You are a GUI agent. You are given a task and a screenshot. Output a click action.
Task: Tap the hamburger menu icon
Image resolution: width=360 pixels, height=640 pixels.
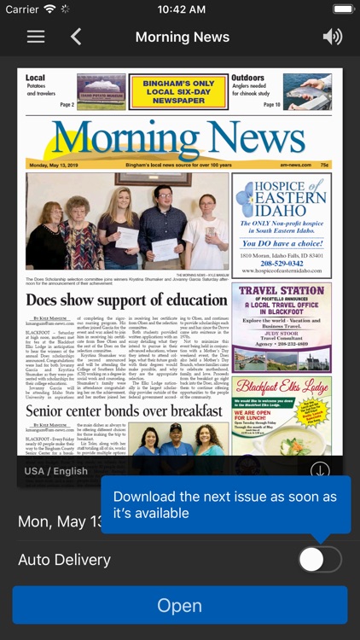(36, 37)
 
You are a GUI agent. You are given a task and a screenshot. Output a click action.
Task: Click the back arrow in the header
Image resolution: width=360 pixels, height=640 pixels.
(76, 37)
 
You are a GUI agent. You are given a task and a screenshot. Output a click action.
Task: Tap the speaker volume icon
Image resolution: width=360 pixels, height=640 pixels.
(333, 37)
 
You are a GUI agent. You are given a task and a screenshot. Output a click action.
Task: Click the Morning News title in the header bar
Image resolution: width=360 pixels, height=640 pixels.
(182, 37)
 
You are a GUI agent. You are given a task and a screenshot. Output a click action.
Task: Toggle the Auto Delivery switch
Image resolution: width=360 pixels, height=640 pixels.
(320, 560)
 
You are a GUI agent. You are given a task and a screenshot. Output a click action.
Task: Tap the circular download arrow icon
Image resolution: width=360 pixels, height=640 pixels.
(320, 471)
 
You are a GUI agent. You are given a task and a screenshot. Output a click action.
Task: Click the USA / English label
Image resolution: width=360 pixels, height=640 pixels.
(56, 471)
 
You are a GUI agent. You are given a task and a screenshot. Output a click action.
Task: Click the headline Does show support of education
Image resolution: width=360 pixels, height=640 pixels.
(126, 300)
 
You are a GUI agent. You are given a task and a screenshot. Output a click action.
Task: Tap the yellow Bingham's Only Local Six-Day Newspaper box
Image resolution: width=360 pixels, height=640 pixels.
(178, 91)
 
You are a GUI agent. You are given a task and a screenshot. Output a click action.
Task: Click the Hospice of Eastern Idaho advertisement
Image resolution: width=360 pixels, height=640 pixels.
(282, 224)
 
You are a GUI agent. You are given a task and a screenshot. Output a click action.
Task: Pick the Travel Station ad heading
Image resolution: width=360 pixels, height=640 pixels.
(282, 291)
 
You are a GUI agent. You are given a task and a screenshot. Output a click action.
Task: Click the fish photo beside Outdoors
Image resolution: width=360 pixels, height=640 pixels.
(307, 91)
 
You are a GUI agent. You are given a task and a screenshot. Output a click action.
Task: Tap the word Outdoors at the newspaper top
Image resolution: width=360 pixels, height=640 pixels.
(247, 79)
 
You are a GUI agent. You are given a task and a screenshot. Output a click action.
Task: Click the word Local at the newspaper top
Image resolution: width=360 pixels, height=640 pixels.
(36, 79)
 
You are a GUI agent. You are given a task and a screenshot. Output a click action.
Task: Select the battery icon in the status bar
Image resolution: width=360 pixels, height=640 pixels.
(344, 9)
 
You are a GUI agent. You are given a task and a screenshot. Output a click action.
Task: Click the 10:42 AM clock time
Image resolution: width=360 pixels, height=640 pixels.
(181, 9)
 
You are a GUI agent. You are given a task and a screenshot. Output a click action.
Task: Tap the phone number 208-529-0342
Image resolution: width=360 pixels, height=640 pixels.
(282, 265)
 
